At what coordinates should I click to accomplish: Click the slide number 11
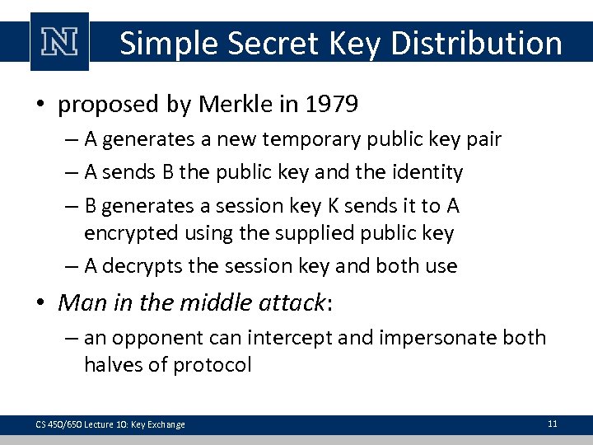tap(552, 424)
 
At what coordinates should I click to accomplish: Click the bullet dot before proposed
tap(44, 105)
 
